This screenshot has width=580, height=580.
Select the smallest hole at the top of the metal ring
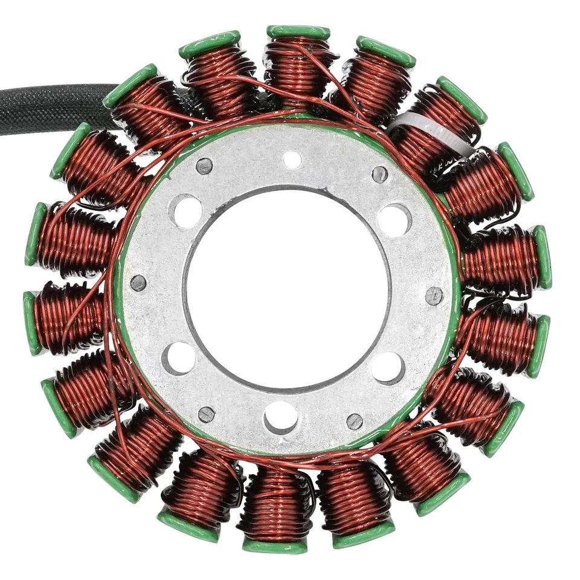[x=292, y=160]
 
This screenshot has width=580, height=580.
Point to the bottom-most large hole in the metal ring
[x=281, y=417]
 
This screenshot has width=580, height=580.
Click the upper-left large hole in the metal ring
[x=187, y=211]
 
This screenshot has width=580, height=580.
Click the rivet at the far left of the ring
[x=138, y=283]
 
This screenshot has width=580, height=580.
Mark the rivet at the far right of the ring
[x=434, y=295]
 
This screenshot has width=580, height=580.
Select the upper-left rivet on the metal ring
[x=205, y=166]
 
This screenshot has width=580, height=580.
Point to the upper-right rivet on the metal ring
[x=379, y=175]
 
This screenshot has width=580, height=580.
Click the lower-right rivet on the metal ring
[x=355, y=421]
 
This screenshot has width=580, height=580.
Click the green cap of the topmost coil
[x=298, y=32]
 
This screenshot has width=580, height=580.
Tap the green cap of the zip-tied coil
[x=463, y=100]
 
